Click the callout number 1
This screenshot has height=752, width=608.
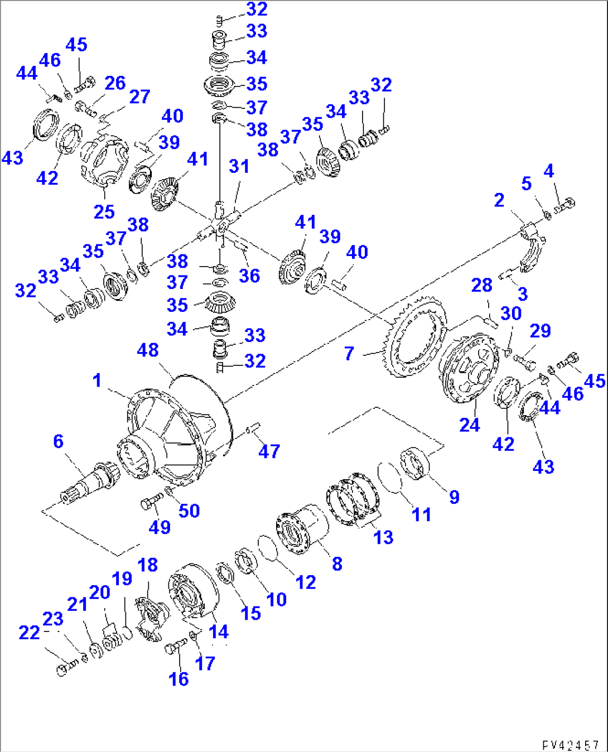[97, 380]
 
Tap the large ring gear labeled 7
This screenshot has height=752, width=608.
[416, 339]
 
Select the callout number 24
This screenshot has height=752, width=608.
[470, 425]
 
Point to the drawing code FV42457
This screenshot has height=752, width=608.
[570, 745]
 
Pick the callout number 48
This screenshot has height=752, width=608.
[148, 350]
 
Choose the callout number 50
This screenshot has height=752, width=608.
[189, 510]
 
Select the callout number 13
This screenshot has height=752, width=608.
[383, 537]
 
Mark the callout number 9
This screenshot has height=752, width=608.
[454, 497]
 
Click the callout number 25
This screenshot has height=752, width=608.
[104, 212]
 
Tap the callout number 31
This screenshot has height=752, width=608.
[239, 166]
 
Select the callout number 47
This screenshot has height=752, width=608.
[269, 451]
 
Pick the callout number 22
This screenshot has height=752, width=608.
[29, 633]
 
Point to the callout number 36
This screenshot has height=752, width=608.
[249, 276]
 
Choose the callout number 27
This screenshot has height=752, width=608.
[139, 97]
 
